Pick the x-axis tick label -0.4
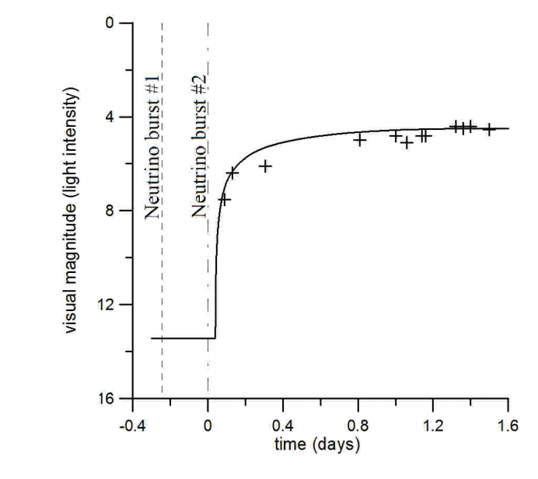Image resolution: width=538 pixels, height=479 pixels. click(132, 426)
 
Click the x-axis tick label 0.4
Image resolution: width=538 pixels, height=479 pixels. click(283, 426)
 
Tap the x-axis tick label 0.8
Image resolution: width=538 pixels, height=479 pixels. click(358, 426)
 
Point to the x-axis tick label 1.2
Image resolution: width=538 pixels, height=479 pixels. click(433, 426)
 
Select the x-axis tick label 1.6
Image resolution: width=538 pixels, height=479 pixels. click(508, 426)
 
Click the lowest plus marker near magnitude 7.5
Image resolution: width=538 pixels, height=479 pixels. click(224, 200)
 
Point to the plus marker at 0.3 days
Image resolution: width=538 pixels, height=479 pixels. click(264, 166)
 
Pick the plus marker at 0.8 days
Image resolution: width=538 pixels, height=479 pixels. click(359, 140)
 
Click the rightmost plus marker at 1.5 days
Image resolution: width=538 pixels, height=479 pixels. click(489, 129)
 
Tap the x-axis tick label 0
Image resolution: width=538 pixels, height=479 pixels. click(208, 426)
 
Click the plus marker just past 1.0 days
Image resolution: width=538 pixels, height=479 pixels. click(407, 143)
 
